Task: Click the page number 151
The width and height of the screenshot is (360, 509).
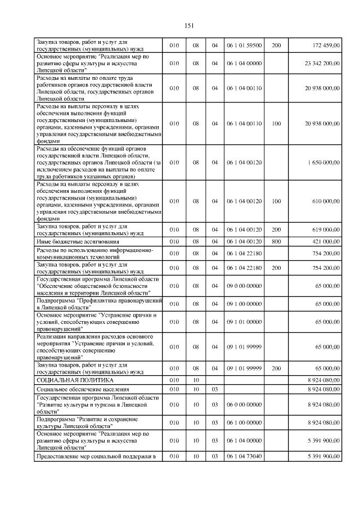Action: click(x=189, y=25)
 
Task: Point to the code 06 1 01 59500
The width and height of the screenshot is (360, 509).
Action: click(x=244, y=45)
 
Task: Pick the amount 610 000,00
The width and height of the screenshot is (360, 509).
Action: click(x=325, y=201)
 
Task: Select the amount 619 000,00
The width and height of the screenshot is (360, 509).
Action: click(x=325, y=229)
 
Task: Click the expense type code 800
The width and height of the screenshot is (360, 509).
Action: click(x=276, y=242)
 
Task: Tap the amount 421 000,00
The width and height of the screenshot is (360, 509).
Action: click(x=325, y=242)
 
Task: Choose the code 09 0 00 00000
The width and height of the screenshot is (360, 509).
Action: click(x=244, y=286)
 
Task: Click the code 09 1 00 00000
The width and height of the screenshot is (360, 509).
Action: click(x=244, y=304)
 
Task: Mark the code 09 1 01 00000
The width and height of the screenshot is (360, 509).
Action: click(x=244, y=322)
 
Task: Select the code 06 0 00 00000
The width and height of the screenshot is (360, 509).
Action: click(x=244, y=404)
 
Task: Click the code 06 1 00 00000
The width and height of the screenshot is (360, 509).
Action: click(x=244, y=422)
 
